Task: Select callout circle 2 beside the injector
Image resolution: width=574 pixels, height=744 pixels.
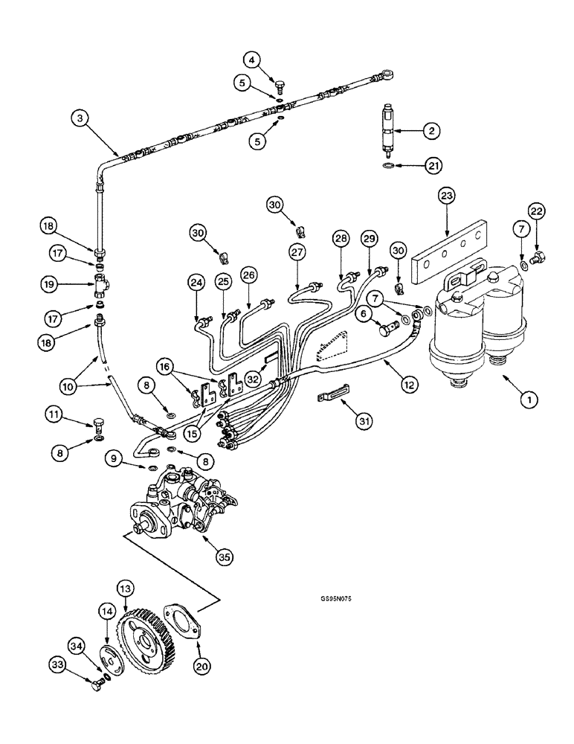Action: point(430,131)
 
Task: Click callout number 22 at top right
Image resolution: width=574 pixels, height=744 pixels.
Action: point(537,211)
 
